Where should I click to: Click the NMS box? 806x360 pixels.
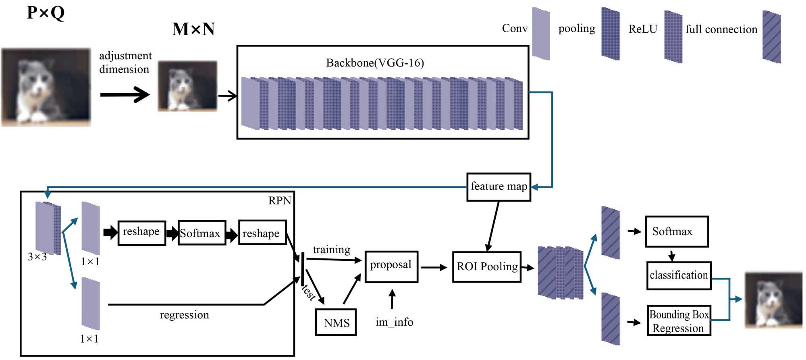pyautogui.click(x=336, y=322)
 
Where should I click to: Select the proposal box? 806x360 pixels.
pyautogui.click(x=391, y=266)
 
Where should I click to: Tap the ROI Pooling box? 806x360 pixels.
pyautogui.click(x=487, y=266)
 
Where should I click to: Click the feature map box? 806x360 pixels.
pyautogui.click(x=499, y=187)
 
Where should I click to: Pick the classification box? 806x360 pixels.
pyautogui.click(x=679, y=275)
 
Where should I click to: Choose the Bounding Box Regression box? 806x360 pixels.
pyautogui.click(x=679, y=321)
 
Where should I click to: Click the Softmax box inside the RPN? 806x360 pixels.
pyautogui.click(x=201, y=233)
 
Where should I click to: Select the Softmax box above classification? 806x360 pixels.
pyautogui.click(x=677, y=231)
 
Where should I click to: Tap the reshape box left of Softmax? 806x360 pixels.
pyautogui.click(x=141, y=232)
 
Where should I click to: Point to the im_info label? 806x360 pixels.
pyautogui.click(x=394, y=322)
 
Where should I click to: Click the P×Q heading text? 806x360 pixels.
pyautogui.click(x=46, y=12)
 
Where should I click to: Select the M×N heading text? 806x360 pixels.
pyautogui.click(x=193, y=29)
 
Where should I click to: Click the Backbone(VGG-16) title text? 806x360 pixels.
pyautogui.click(x=375, y=63)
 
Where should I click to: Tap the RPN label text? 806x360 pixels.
pyautogui.click(x=280, y=201)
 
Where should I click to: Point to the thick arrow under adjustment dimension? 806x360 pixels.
pyautogui.click(x=125, y=95)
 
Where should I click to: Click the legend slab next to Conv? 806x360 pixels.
pyautogui.click(x=541, y=34)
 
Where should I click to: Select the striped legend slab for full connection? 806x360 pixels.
pyautogui.click(x=771, y=37)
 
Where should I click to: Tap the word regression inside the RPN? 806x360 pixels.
pyautogui.click(x=184, y=315)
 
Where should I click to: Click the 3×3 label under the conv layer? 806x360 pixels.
pyautogui.click(x=37, y=257)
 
